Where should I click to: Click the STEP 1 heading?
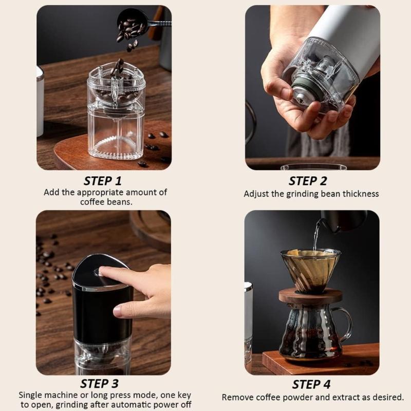point(103,181)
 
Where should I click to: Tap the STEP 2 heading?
point(308,181)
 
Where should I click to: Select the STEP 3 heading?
point(103,384)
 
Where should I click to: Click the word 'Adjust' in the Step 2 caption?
point(255,194)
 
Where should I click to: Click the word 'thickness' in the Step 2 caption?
point(359,194)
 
